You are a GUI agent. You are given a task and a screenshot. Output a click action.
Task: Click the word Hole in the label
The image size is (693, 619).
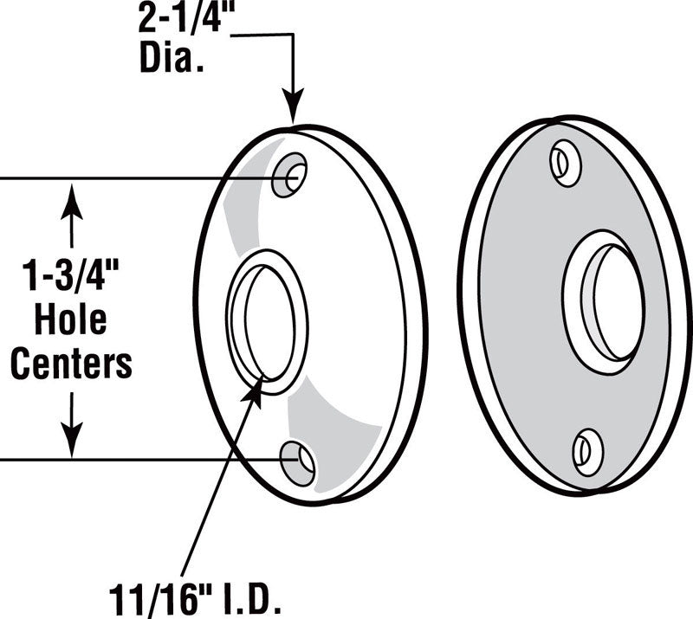[71, 319]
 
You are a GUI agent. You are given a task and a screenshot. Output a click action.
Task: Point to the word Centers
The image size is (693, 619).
[71, 363]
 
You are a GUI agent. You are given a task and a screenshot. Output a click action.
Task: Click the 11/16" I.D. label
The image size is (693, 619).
[197, 596]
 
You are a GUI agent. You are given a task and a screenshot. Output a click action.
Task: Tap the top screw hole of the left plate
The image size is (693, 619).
[290, 176]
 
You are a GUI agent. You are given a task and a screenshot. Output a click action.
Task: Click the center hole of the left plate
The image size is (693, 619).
[266, 322]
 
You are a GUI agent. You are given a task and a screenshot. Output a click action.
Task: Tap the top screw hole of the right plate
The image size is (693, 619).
[566, 164]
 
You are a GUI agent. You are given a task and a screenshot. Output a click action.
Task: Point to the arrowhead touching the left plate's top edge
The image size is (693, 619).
[294, 110]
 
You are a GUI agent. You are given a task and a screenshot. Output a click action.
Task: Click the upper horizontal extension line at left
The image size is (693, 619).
[130, 179]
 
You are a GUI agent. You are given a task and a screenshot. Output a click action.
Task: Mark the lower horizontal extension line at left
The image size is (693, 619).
[130, 459]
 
